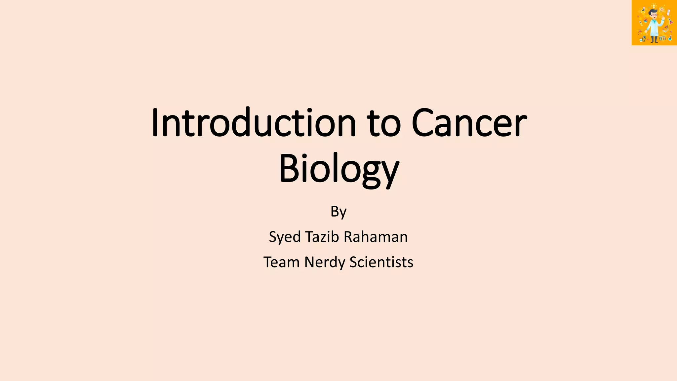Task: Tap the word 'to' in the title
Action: coord(383,124)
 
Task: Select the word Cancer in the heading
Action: coord(469,123)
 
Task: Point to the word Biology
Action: coord(339,169)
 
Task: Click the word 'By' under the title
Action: coord(338,212)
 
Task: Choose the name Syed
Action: coord(285,237)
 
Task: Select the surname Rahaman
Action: coord(376,237)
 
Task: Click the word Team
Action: coord(281,262)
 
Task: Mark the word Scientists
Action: coord(381,262)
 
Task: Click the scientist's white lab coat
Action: coord(654,28)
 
